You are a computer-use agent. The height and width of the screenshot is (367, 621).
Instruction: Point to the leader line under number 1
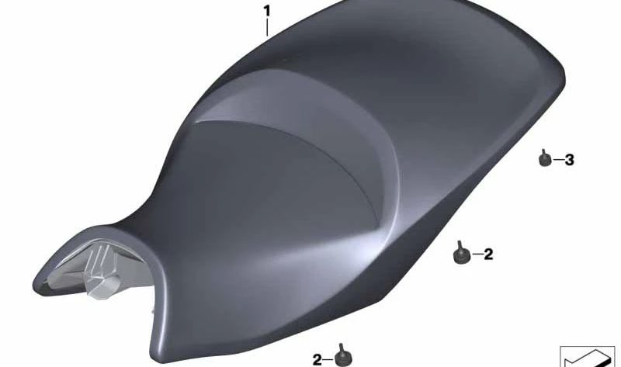pyautogui.click(x=267, y=29)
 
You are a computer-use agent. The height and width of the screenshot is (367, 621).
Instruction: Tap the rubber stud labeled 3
pyautogui.click(x=544, y=159)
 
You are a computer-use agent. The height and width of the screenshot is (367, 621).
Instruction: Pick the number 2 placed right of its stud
pyautogui.click(x=488, y=254)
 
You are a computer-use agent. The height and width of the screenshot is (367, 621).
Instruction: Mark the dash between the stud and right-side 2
pyautogui.click(x=474, y=254)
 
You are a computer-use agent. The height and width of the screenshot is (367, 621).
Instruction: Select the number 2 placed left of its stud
pyautogui.click(x=317, y=359)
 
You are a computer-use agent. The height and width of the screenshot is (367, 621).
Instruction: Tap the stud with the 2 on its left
pyautogui.click(x=339, y=356)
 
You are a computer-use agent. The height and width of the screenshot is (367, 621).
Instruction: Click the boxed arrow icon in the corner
pyautogui.click(x=587, y=356)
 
